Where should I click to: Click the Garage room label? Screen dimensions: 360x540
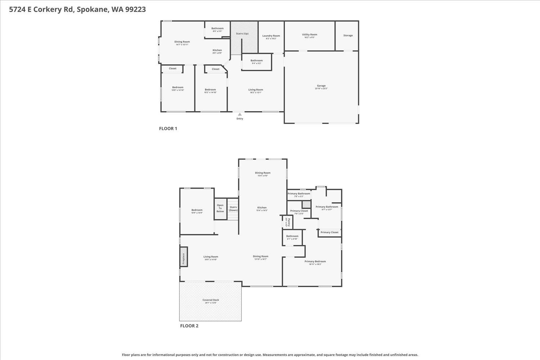point(321,86)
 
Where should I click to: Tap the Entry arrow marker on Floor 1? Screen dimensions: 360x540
point(240,114)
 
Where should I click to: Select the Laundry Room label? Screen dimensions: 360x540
point(271,36)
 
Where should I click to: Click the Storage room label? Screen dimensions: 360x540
point(348,36)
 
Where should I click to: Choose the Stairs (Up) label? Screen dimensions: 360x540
point(242,34)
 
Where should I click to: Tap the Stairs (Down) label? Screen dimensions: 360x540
point(233,208)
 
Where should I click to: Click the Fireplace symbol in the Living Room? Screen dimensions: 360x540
point(184,257)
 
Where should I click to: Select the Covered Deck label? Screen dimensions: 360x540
point(211,300)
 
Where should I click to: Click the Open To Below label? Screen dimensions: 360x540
point(220,208)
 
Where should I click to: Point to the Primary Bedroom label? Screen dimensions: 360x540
point(315,262)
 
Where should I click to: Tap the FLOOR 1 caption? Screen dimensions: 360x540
point(168,129)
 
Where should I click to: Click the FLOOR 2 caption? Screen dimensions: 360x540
point(189,326)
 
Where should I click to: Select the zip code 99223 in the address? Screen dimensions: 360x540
point(135,10)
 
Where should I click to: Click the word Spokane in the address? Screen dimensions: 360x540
point(92,10)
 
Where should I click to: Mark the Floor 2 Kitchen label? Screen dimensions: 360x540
point(262,208)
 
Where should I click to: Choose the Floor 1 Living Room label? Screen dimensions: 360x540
point(256,90)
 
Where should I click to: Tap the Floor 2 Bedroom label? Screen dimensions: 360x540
point(197,210)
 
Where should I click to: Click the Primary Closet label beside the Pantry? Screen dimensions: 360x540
point(299,211)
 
